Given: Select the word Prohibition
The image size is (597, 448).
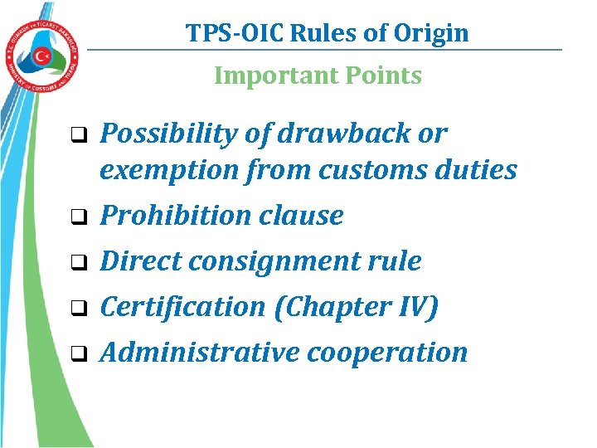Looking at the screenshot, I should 170,216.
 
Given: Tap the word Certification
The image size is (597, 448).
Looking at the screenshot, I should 182,307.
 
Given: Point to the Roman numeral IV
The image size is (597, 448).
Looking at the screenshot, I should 415,307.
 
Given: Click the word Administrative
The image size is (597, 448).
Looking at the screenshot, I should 200,352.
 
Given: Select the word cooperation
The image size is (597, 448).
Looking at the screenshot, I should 387,352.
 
